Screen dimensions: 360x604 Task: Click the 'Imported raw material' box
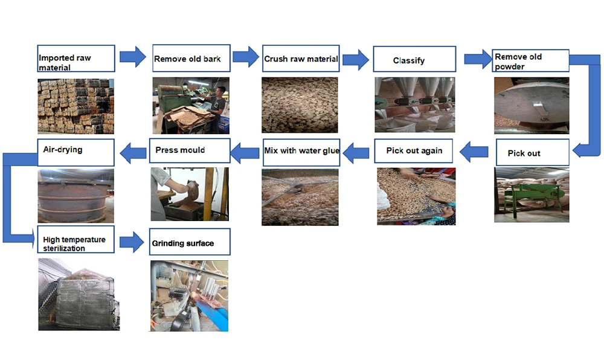[x=76, y=59]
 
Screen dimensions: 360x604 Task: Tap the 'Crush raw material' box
[x=301, y=59]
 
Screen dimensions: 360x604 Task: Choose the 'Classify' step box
[x=414, y=59]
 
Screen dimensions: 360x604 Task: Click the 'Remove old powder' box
[x=530, y=60]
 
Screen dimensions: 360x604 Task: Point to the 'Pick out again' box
[x=414, y=151]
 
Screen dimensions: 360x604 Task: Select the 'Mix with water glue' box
[x=301, y=150]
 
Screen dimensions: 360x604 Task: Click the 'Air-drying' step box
[x=76, y=152]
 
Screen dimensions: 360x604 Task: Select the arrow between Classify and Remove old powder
[x=478, y=59]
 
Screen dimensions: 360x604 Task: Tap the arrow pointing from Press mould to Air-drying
[x=133, y=153]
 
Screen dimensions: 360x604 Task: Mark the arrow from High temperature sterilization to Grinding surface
[x=132, y=243]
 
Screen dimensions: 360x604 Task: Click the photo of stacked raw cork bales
[x=75, y=106]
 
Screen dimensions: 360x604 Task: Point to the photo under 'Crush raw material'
[x=300, y=105]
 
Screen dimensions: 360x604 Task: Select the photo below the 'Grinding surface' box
[x=189, y=295]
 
